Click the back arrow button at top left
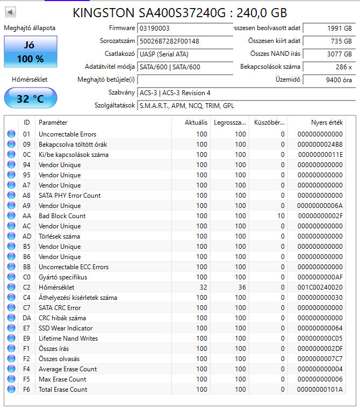pos(11,12)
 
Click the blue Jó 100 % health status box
pos(30,52)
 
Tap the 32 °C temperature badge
pos(30,98)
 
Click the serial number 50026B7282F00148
pos(169,41)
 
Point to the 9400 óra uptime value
pos(339,80)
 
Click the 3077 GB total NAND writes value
pos(339,54)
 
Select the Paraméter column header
pos(53,123)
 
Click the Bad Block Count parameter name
pos(62,216)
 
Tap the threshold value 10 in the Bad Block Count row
pos(280,216)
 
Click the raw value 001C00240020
pos(320,287)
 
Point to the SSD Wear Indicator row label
pos(66,328)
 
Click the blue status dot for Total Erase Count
pos(11,390)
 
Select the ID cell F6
pos(26,390)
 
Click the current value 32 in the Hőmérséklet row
pos(202,287)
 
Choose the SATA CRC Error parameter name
pos(60,308)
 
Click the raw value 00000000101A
pos(320,390)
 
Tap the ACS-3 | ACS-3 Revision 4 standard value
pos(175,93)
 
